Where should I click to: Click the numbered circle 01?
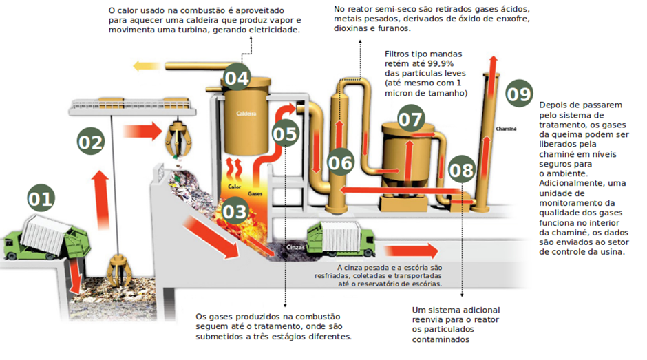coord(41,199)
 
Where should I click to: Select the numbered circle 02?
coord(90,142)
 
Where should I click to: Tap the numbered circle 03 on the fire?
coord(235,211)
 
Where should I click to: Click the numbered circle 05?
coord(284,132)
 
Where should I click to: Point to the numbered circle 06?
coord(341,163)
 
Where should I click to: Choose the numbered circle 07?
coord(411,119)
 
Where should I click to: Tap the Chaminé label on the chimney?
coord(505,128)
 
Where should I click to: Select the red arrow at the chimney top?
coord(493,65)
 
